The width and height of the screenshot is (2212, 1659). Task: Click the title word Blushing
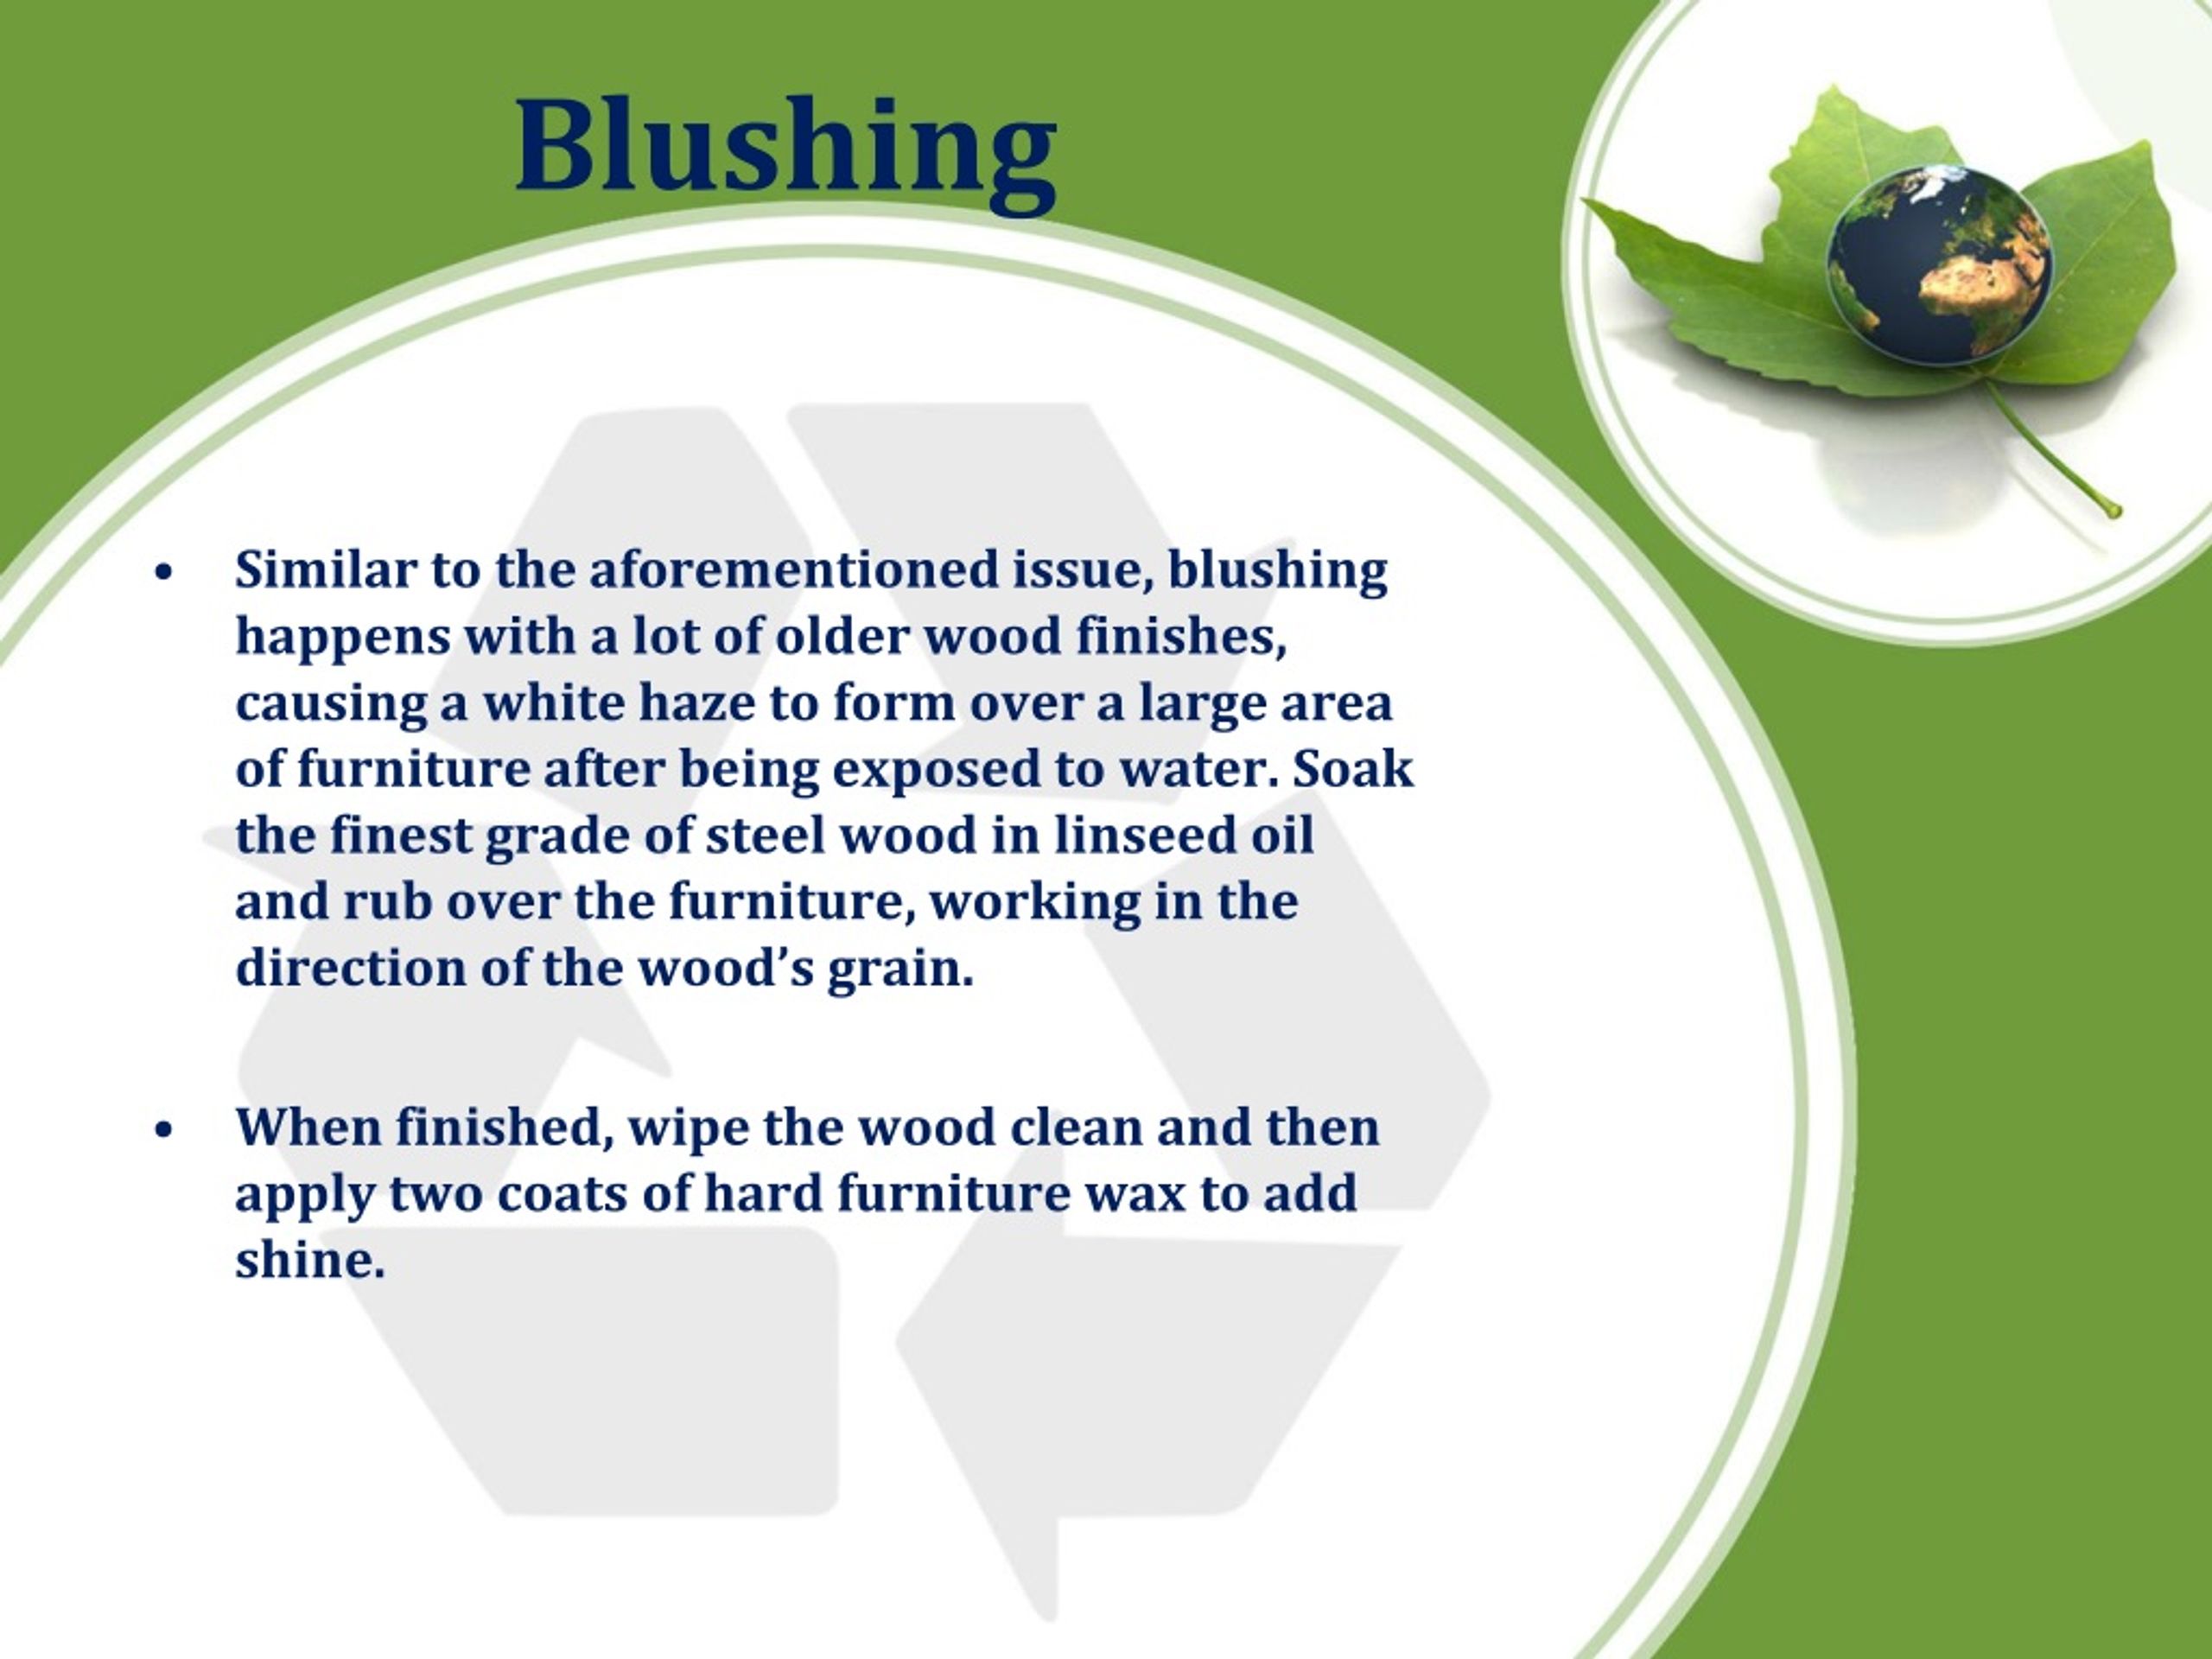point(786,148)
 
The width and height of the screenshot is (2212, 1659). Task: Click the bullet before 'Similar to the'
point(165,574)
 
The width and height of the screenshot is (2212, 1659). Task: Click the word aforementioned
point(793,570)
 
